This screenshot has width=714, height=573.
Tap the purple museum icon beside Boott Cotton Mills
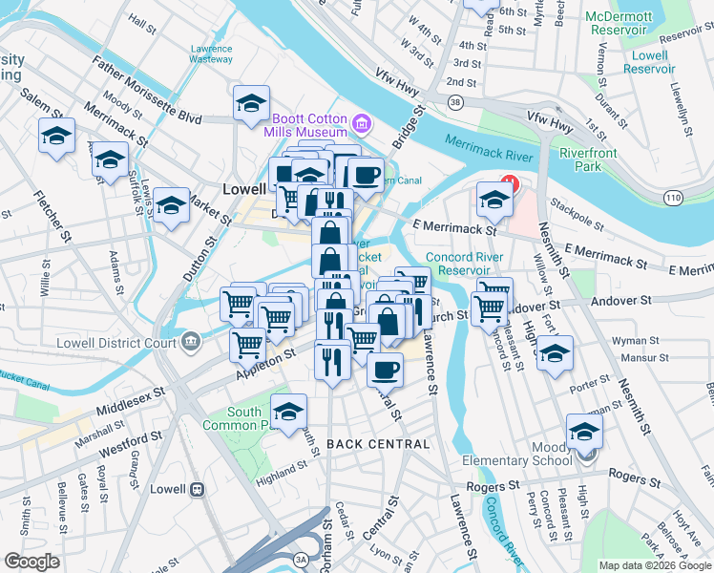tap(361, 123)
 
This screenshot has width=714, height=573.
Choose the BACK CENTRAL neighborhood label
tap(378, 444)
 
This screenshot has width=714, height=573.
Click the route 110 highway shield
tap(673, 197)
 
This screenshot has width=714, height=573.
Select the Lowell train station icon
tap(198, 489)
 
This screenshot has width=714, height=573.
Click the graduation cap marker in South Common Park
tap(288, 412)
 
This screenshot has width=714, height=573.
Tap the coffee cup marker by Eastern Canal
tap(366, 173)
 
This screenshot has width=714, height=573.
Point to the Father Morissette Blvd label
tap(147, 91)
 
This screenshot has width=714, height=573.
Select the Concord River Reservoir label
tap(465, 264)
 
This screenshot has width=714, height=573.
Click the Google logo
tap(32, 561)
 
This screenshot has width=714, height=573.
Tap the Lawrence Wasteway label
tap(211, 53)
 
